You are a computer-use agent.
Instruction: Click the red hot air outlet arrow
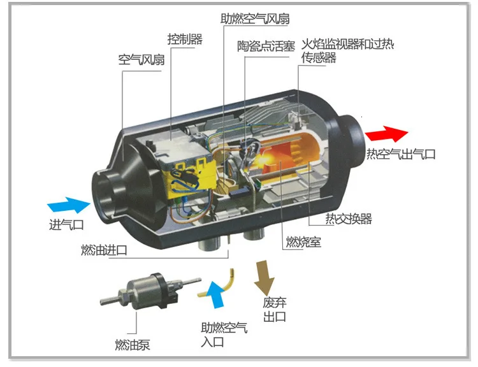(x=385, y=134)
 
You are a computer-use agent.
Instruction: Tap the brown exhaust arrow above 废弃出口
(x=263, y=275)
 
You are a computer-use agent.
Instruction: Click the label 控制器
(x=184, y=40)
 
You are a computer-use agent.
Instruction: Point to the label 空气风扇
(x=141, y=61)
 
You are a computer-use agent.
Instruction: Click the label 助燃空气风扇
(x=255, y=18)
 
